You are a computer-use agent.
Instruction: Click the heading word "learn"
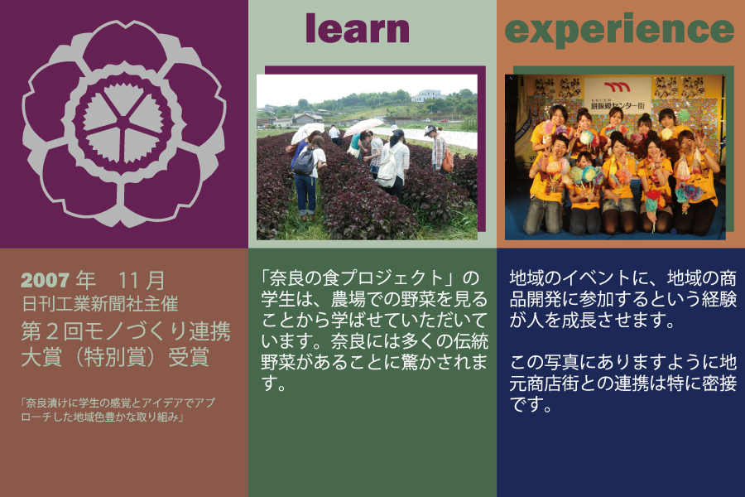click(358, 28)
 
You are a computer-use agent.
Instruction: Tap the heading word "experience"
click(619, 30)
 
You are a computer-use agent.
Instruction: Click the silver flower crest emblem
click(124, 123)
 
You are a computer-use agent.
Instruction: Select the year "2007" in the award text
click(46, 281)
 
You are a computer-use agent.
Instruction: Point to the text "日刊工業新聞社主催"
click(100, 304)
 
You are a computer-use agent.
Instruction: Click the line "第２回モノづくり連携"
click(126, 331)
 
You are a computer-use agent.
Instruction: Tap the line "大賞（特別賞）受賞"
click(115, 358)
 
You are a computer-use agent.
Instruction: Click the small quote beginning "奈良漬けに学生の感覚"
click(118, 410)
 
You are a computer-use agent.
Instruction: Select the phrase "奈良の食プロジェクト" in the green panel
click(356, 278)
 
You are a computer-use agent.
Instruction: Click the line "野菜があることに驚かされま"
click(374, 362)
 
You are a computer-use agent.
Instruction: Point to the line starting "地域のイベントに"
click(622, 278)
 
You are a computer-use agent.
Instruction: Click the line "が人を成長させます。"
click(592, 320)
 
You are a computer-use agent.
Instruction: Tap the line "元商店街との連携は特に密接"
click(622, 383)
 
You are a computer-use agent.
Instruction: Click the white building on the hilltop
click(428, 96)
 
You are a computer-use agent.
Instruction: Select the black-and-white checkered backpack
click(304, 162)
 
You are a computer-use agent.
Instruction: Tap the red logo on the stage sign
click(618, 86)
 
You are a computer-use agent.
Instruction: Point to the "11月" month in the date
click(141, 281)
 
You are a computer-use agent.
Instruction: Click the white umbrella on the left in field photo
click(307, 132)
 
